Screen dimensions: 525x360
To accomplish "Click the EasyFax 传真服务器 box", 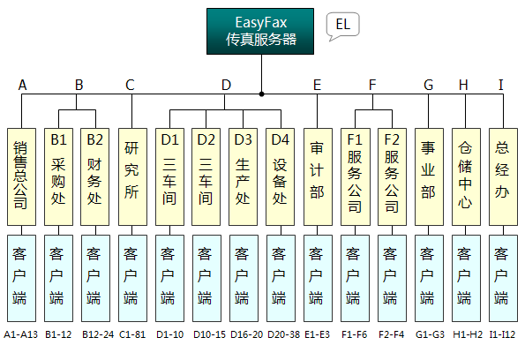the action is click(x=260, y=32).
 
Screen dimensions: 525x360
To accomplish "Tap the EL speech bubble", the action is click(x=343, y=25).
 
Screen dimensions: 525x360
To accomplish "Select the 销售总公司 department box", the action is click(x=21, y=176).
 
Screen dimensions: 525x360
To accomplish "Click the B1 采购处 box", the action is click(x=58, y=176).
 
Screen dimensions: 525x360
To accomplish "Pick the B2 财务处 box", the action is click(x=95, y=176).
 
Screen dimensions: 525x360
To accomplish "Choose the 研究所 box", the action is click(x=132, y=176).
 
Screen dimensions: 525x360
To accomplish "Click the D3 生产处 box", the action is click(x=243, y=176).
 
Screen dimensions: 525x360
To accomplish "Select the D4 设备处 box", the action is click(x=281, y=176).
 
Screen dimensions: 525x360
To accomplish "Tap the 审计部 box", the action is click(x=318, y=176).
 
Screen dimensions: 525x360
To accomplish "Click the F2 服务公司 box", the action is click(x=392, y=176).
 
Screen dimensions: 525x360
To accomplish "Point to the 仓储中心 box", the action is click(x=466, y=176).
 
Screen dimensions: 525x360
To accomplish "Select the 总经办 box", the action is click(x=503, y=176).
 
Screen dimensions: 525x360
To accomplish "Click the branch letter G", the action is click(x=429, y=85).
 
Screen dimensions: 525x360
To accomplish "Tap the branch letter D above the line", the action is click(x=227, y=85).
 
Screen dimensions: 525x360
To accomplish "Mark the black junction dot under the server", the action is click(x=261, y=94).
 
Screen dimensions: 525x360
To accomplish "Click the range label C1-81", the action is click(x=132, y=334).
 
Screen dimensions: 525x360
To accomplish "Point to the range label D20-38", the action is click(x=283, y=334).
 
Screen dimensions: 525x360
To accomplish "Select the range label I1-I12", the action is click(x=502, y=334).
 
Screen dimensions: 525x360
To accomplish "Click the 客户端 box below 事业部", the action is click(x=429, y=278).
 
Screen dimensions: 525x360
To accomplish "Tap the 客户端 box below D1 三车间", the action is click(x=169, y=278).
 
